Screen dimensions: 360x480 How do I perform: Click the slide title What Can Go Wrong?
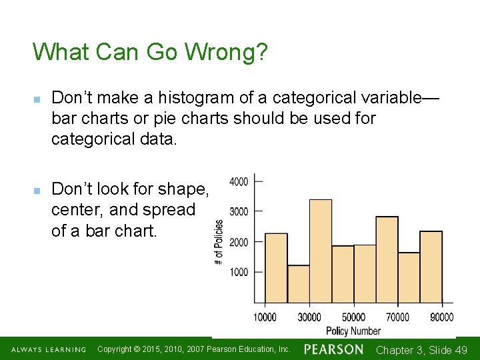[150, 52]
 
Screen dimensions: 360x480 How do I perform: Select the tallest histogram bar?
[321, 251]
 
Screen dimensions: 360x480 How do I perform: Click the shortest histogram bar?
[299, 284]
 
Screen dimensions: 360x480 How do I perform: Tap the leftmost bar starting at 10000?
[276, 268]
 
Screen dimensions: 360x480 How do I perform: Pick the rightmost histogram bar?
[431, 267]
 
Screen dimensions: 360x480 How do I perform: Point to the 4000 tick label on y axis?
[239, 181]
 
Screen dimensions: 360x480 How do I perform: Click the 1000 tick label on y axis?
[239, 272]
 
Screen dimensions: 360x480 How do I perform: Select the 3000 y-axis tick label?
[239, 211]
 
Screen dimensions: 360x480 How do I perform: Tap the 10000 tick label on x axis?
[265, 317]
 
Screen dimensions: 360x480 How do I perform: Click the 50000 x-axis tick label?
[353, 317]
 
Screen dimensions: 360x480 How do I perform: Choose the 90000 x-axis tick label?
[441, 317]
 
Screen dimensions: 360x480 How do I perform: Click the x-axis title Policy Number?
[353, 331]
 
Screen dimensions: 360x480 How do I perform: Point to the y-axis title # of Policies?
[219, 241]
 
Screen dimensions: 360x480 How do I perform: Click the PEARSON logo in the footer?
[333, 349]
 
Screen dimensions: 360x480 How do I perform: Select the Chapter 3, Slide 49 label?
[421, 350]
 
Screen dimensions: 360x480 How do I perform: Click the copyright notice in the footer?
[193, 349]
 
